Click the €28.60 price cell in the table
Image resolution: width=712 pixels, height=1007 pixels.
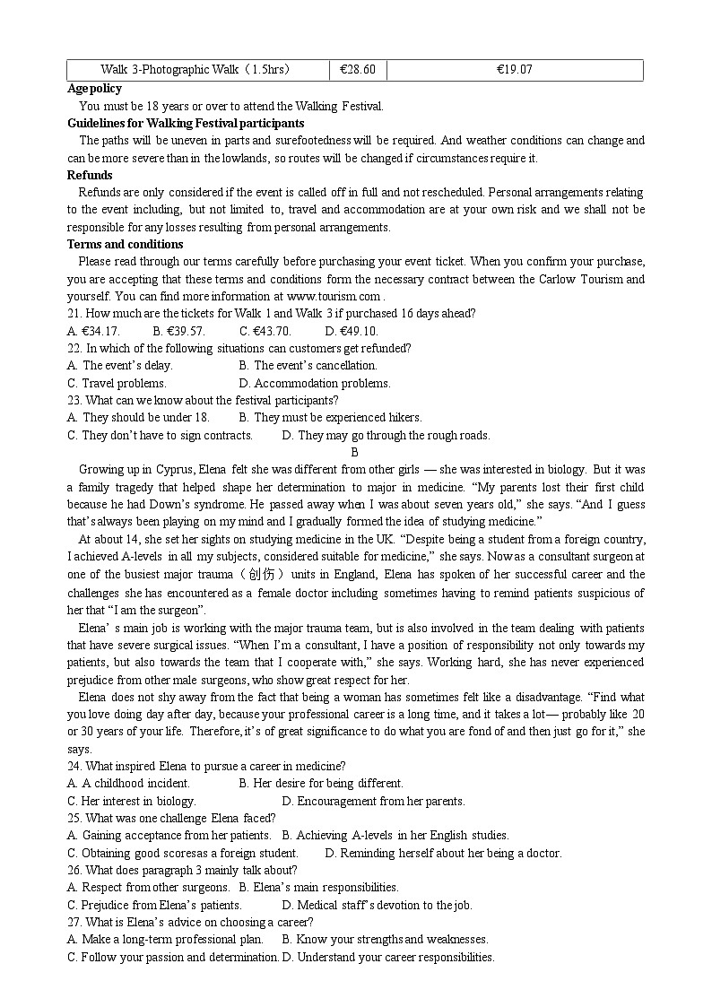point(358,70)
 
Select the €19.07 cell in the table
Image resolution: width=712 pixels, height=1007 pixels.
point(514,70)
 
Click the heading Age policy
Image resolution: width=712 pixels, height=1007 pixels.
point(94,89)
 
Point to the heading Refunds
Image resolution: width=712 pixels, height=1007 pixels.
point(90,175)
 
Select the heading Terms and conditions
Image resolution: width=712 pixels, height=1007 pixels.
point(125,244)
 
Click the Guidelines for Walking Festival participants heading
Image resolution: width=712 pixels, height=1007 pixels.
point(186,123)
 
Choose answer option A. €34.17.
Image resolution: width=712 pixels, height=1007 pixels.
point(93,331)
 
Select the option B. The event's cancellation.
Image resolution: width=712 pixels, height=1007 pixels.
point(308,366)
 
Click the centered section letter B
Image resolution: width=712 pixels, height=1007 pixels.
point(355,453)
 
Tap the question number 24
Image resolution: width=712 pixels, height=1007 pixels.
point(74,767)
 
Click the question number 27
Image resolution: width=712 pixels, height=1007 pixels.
point(74,923)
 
